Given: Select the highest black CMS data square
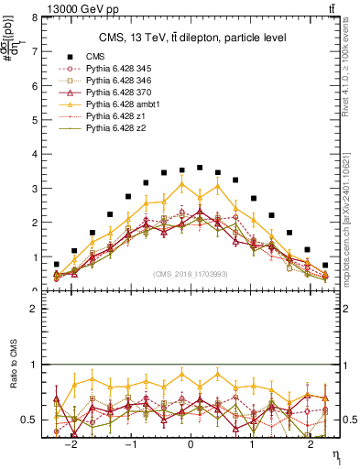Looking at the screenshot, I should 200,168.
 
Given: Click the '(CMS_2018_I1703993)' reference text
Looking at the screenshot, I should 190,274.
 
